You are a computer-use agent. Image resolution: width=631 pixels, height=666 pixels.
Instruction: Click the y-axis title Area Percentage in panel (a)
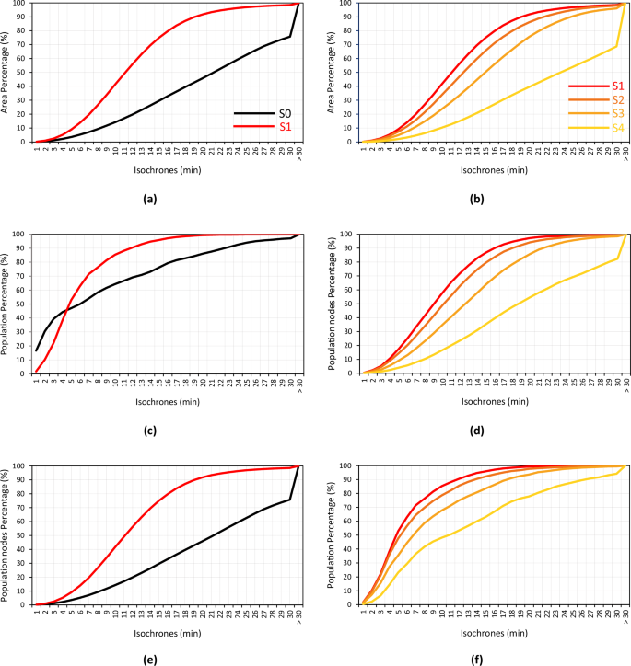point(6,72)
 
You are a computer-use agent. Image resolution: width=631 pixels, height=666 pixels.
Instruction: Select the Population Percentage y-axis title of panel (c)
point(6,304)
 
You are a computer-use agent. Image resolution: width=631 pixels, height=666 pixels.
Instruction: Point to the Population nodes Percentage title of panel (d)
point(335,304)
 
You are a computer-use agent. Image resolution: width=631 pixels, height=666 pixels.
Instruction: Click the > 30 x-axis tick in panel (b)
point(626,154)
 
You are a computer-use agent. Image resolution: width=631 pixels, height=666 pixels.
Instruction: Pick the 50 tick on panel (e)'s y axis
point(21,535)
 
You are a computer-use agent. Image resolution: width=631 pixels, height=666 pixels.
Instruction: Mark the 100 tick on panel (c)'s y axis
point(19,234)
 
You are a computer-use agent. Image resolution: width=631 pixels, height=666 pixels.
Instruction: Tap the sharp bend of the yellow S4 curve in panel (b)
point(616,46)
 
